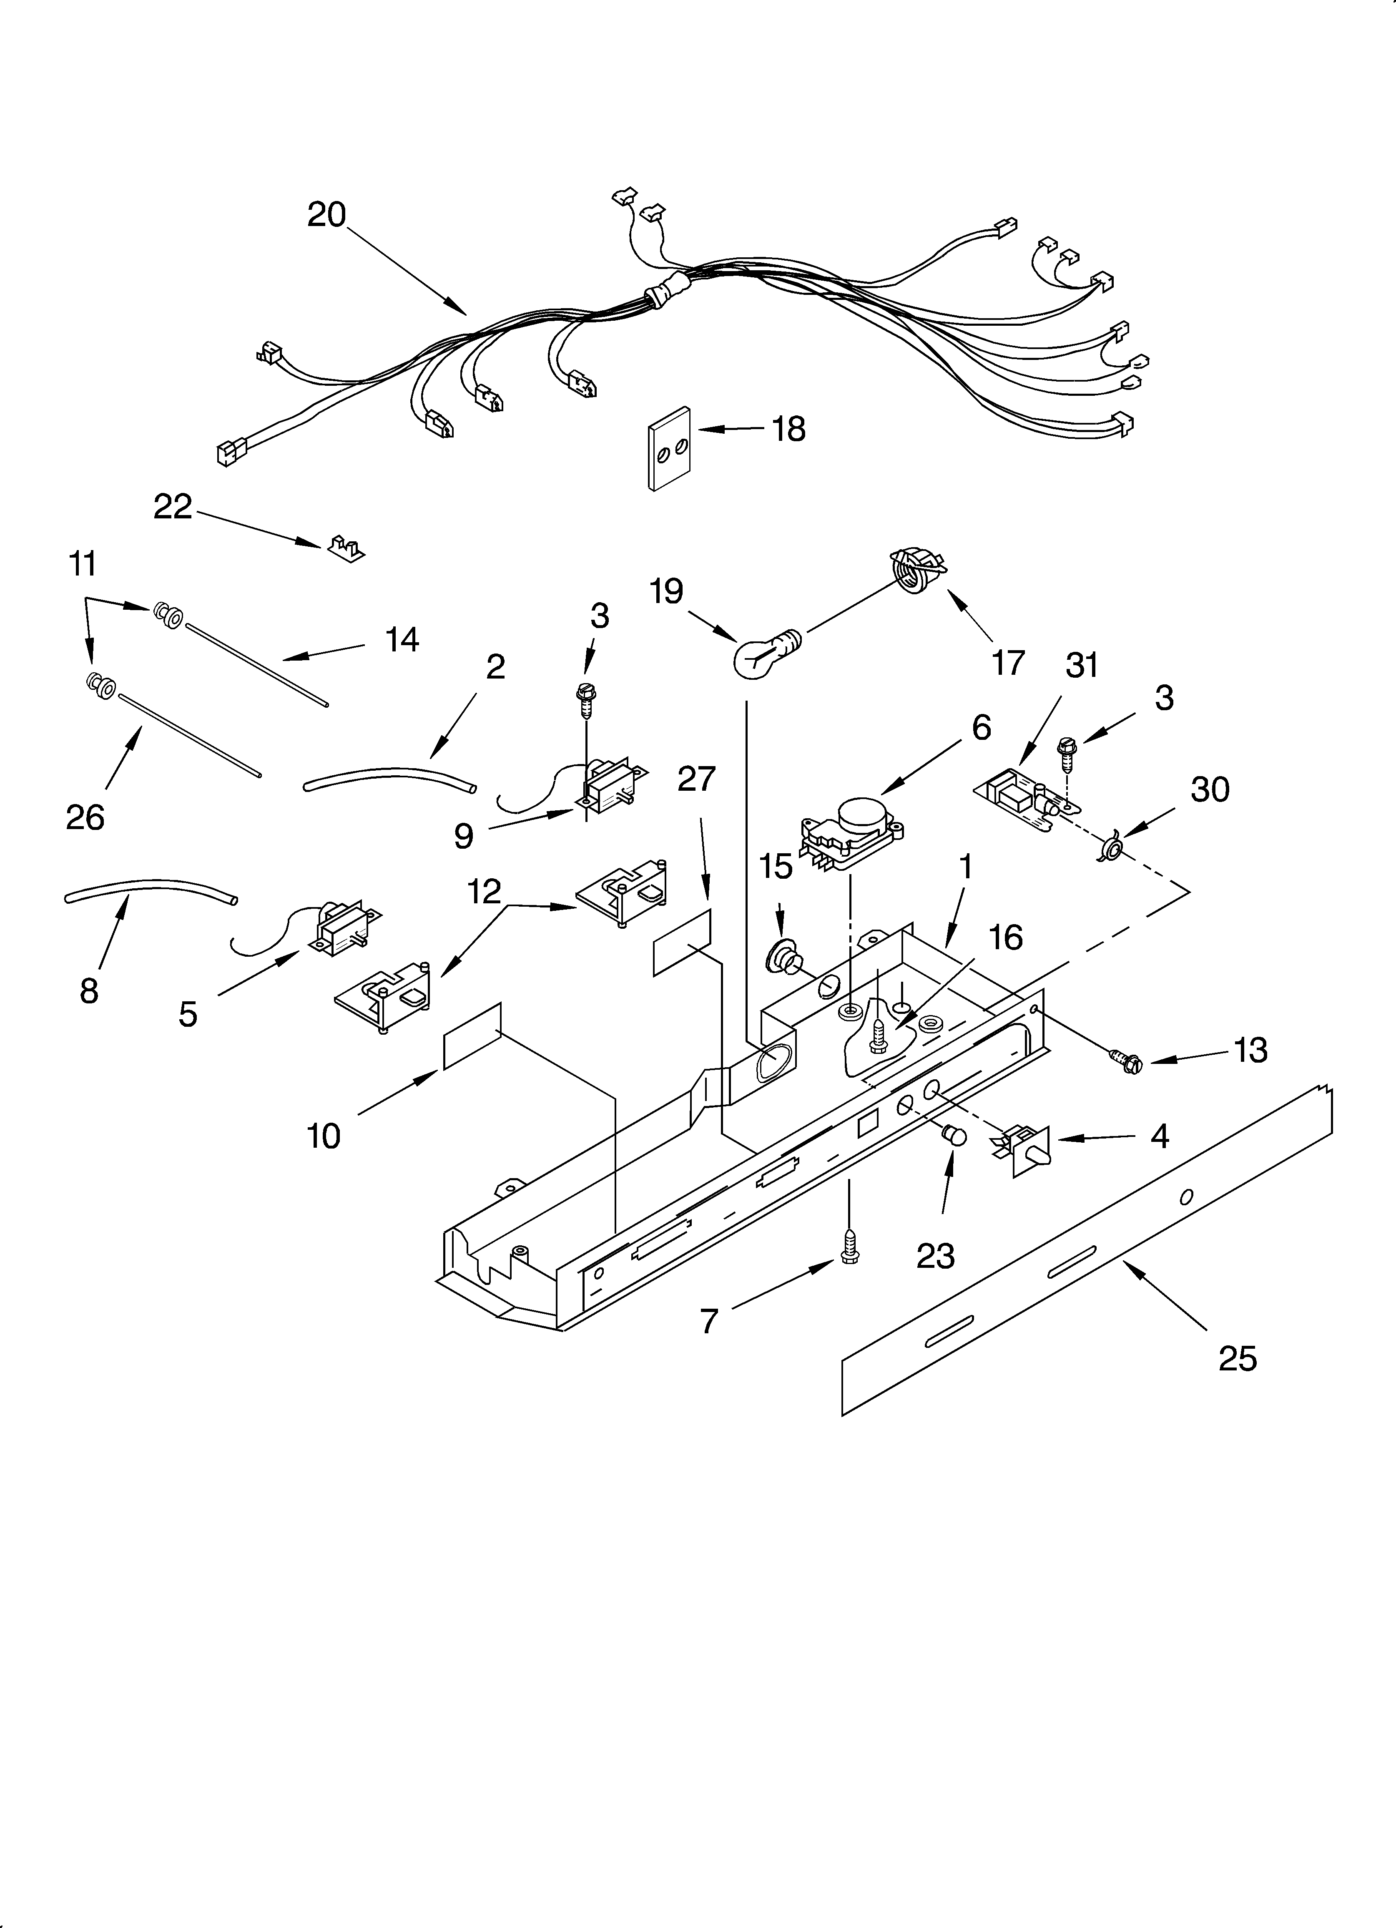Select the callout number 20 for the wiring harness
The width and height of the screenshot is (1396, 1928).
click(326, 214)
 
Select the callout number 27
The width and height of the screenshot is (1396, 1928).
click(696, 779)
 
